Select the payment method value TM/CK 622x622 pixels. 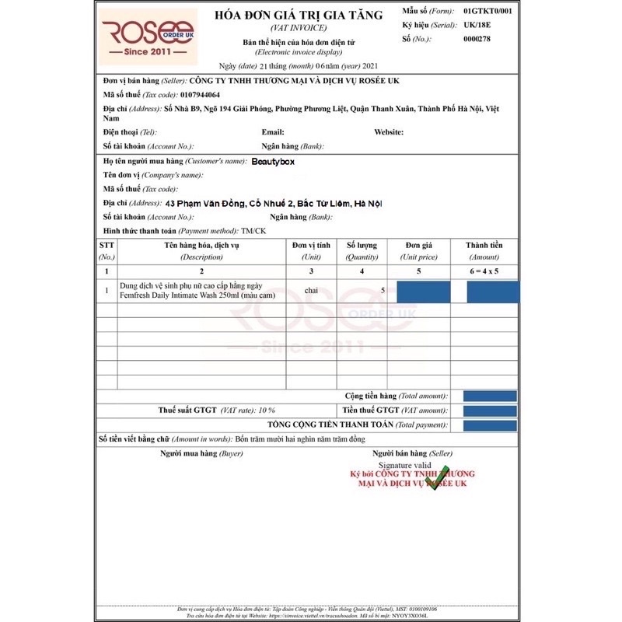click(253, 231)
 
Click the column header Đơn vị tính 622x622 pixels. click(311, 246)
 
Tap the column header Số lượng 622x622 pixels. click(362, 246)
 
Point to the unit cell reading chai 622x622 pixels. click(311, 291)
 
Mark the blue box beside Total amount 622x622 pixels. click(490, 396)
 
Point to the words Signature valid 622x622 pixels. click(404, 464)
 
